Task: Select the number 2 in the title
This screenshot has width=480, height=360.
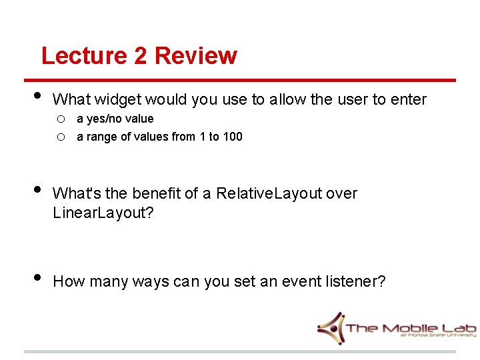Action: tap(141, 55)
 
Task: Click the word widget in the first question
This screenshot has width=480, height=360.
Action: tap(118, 100)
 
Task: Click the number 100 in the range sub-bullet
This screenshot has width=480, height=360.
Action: tap(233, 137)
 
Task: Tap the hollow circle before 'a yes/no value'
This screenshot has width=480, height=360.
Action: tap(60, 119)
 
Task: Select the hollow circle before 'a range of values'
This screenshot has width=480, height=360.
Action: tap(60, 137)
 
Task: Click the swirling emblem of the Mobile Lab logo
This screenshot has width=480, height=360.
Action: tap(331, 327)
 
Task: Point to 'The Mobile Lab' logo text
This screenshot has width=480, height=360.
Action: tap(411, 328)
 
